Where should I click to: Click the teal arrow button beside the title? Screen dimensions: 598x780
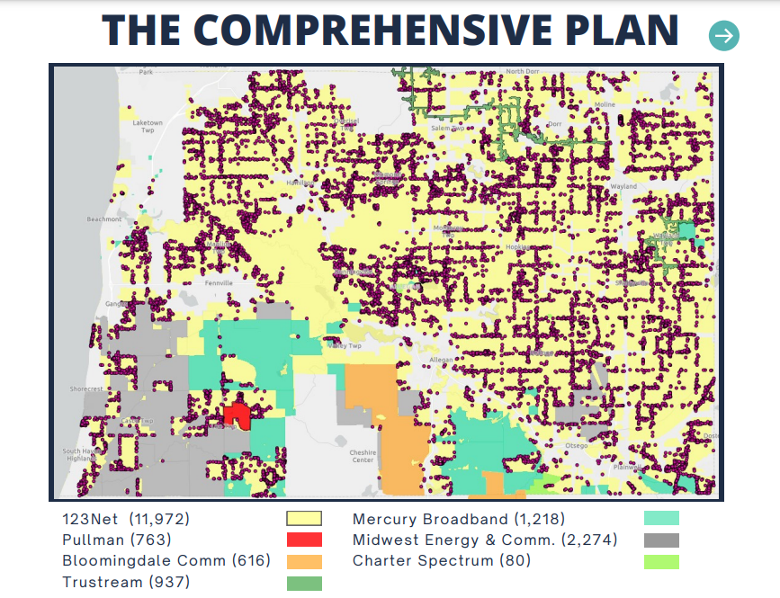pos(724,36)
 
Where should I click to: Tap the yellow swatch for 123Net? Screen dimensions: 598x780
pos(303,518)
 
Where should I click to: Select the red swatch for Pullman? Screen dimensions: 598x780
pos(303,540)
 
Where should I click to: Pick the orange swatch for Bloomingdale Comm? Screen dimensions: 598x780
pos(303,561)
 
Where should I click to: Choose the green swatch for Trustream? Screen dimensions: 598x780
pos(303,583)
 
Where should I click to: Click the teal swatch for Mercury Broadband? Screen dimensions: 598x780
pos(661,518)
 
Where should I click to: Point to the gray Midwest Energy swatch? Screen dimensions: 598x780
pos(661,540)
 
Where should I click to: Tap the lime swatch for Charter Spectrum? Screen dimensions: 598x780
pos(661,561)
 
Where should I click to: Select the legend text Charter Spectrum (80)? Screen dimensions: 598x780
pos(441,560)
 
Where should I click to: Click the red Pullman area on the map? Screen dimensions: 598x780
pos(237,415)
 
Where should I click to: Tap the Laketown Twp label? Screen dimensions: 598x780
pos(148,126)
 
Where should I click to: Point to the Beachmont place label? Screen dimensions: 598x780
pos(104,219)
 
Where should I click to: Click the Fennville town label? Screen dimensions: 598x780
pos(216,282)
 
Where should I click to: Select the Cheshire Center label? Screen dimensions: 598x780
pos(363,456)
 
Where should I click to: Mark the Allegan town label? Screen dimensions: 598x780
pos(441,359)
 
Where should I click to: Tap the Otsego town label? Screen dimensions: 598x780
pos(576,445)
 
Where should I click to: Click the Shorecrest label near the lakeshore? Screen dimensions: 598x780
pos(87,389)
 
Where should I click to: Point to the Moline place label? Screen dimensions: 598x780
pos(605,104)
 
